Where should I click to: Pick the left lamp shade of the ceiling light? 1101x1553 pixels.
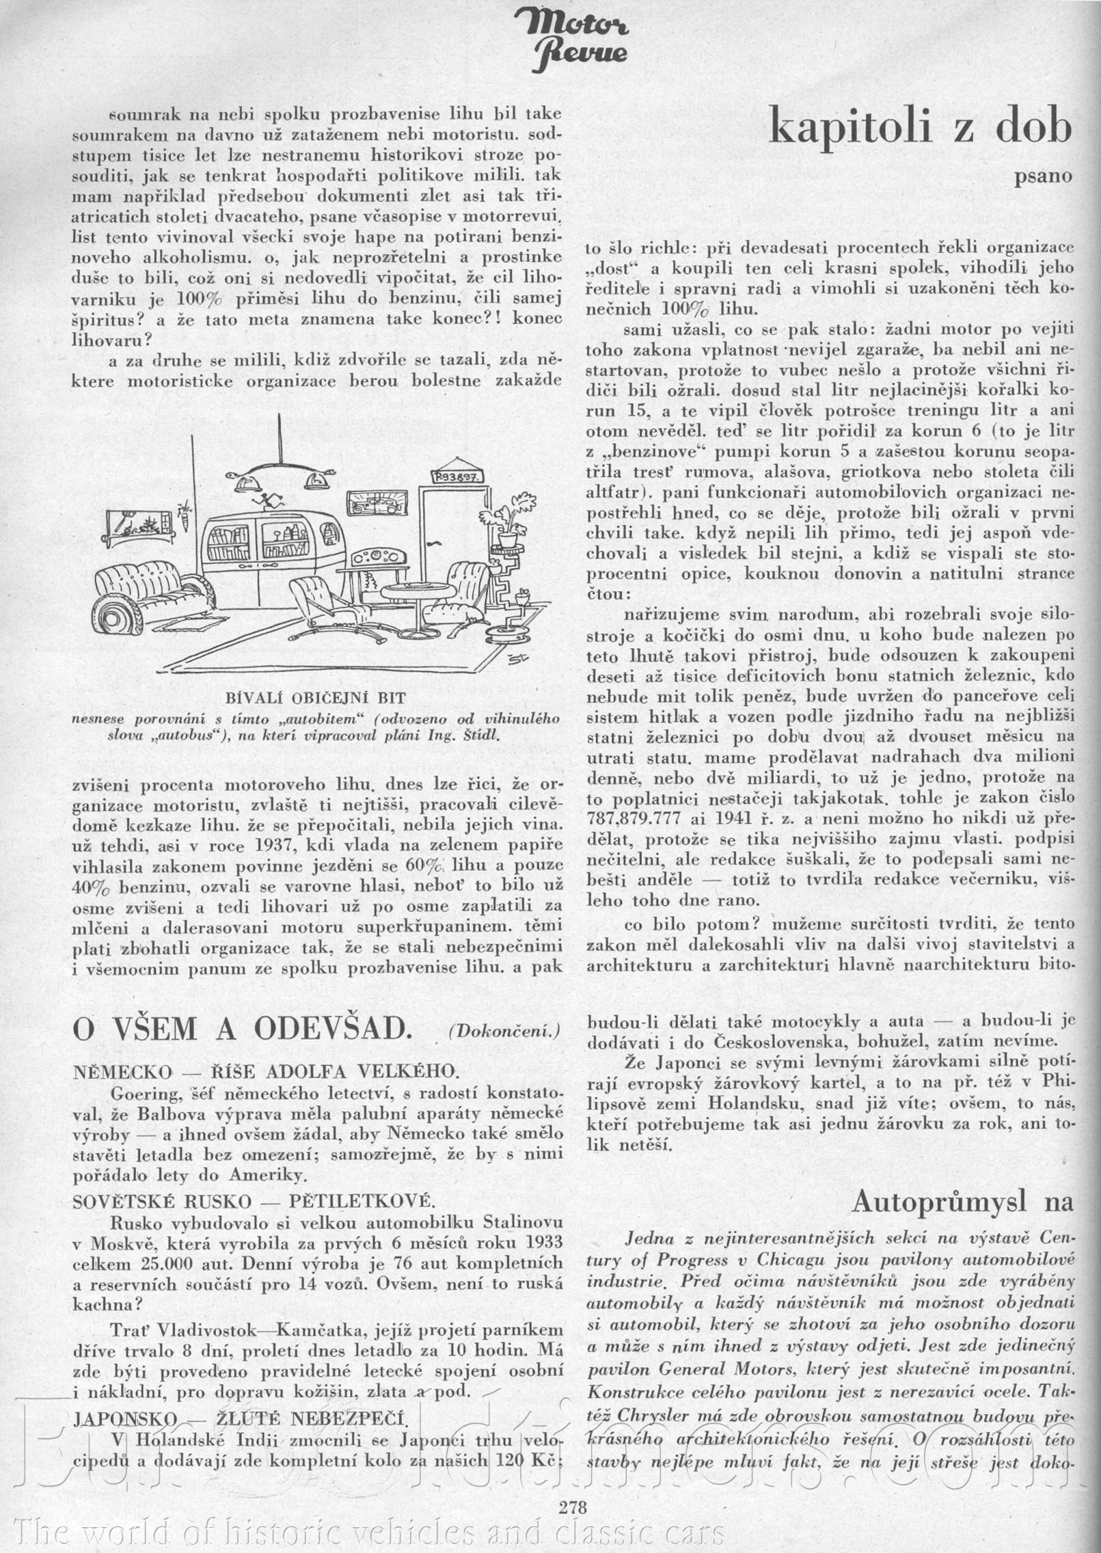pos(244,485)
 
